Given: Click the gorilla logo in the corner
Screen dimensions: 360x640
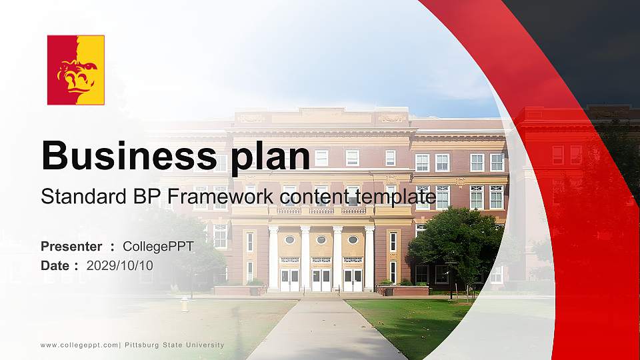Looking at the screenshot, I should [x=75, y=70].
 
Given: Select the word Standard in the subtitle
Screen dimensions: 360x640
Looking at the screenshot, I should [x=75, y=197].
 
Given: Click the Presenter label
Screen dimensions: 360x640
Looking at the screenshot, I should [x=71, y=247].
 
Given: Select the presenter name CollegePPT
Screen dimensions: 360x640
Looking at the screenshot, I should [x=158, y=247].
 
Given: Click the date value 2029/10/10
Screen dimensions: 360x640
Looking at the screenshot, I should [x=119, y=265].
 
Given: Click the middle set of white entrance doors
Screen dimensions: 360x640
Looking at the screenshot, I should [x=321, y=279].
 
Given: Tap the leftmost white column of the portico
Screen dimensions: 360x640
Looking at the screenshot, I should [x=273, y=258].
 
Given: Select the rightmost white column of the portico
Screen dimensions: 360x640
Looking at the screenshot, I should [x=369, y=258].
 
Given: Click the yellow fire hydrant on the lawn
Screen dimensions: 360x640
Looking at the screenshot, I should [x=184, y=304].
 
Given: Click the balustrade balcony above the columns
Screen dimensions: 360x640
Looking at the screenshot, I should [x=321, y=209].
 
